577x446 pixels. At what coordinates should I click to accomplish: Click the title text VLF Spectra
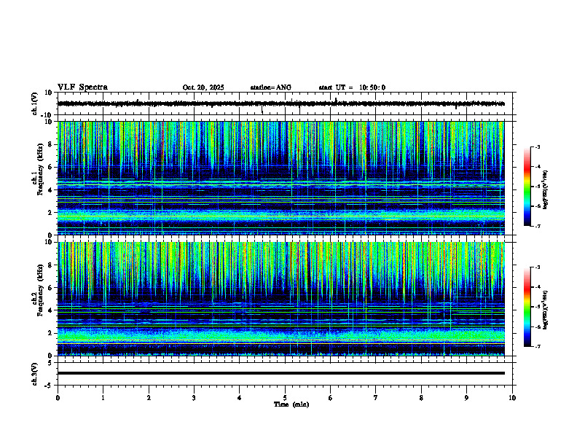(x=82, y=87)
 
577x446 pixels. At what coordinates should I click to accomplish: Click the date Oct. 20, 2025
(x=203, y=87)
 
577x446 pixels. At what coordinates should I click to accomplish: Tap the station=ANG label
(x=270, y=87)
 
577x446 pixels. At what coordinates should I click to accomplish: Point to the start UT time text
(x=352, y=87)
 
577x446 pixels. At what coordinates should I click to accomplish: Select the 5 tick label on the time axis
(x=285, y=398)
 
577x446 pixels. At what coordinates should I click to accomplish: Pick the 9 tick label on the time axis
(x=467, y=398)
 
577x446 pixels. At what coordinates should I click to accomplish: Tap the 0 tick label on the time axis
(x=58, y=398)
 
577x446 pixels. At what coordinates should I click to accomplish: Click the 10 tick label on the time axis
(x=512, y=398)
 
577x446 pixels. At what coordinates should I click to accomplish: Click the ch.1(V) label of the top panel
(x=35, y=103)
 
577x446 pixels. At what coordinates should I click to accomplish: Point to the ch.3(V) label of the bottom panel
(x=35, y=373)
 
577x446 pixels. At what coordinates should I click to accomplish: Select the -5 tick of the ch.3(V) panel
(x=48, y=384)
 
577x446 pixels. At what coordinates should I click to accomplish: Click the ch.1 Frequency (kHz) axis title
(x=38, y=179)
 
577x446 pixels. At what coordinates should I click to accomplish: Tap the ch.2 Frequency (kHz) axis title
(x=38, y=299)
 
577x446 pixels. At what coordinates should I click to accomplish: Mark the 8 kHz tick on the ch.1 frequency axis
(x=51, y=144)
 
